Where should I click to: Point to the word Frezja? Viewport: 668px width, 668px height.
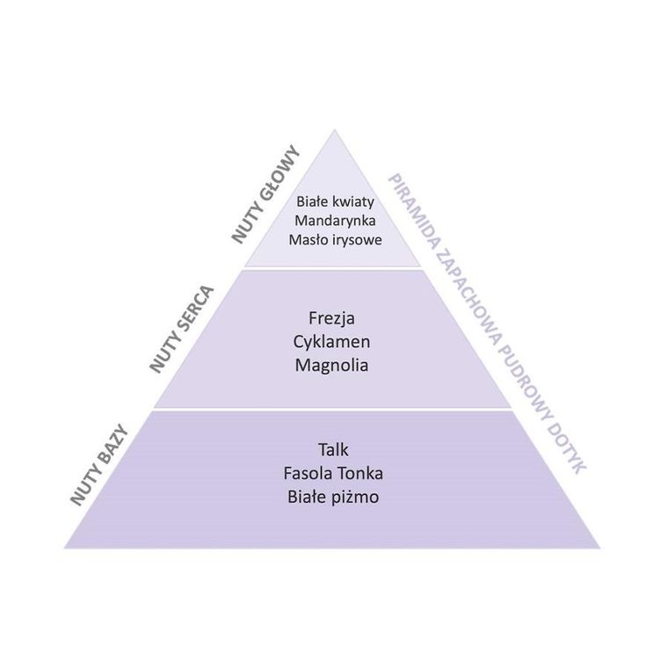point(331,317)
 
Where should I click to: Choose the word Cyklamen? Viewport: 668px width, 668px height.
point(331,340)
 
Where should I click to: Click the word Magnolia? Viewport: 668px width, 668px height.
point(331,363)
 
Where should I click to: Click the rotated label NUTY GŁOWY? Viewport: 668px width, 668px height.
point(266,195)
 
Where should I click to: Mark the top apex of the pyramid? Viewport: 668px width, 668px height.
point(332,131)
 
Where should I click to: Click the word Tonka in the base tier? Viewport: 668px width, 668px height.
point(361,474)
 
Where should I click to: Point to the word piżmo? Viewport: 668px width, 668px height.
point(353,497)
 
